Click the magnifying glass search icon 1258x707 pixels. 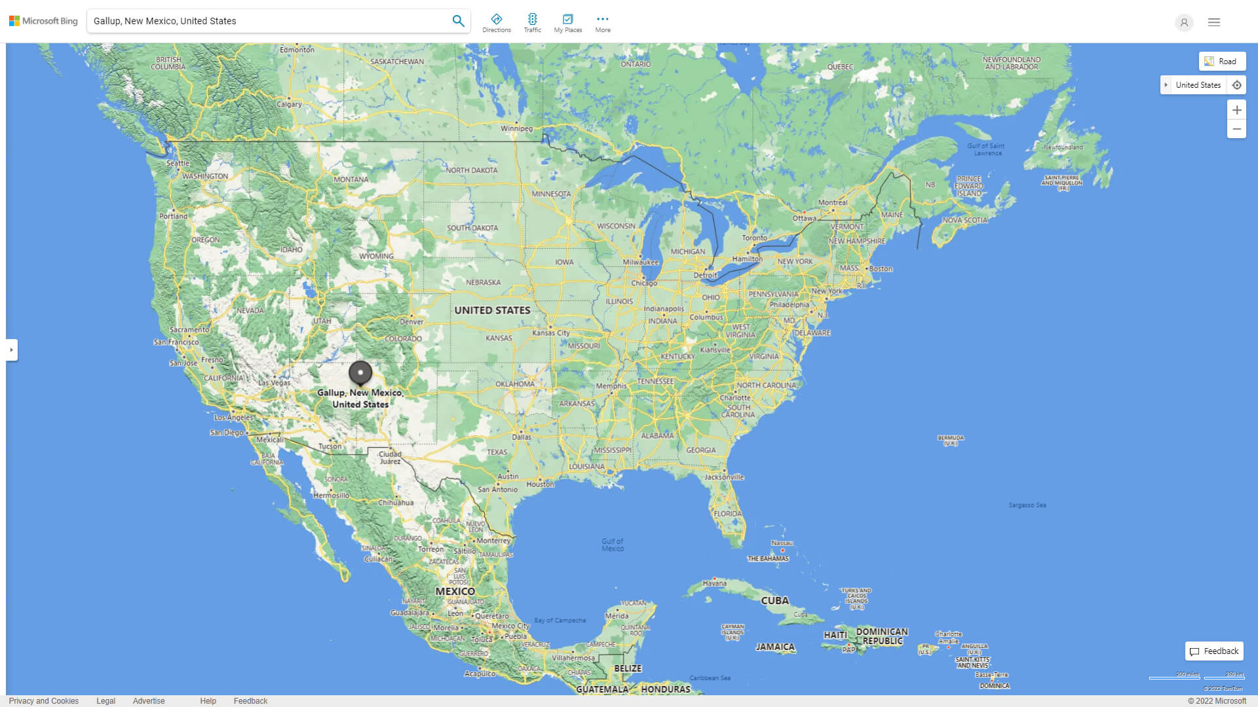coord(458,21)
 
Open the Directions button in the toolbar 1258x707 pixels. coord(497,23)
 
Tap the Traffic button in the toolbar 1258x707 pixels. coord(533,23)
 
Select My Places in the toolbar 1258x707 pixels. coord(567,23)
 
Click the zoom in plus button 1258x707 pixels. coord(1236,110)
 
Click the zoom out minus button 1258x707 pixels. coord(1236,129)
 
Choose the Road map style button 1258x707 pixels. coord(1222,62)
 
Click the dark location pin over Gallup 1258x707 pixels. coord(360,373)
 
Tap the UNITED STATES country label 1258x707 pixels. coord(492,310)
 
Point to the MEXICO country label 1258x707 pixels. coord(455,591)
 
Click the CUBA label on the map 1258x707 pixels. coord(774,600)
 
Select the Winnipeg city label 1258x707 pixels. coord(516,128)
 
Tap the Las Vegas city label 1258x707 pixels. coord(274,383)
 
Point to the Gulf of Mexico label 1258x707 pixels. coord(613,545)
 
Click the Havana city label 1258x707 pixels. coord(714,583)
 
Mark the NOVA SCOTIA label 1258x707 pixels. coord(964,220)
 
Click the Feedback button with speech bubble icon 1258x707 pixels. coord(1214,651)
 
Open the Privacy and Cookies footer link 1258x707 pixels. coord(44,701)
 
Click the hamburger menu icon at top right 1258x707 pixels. coord(1214,22)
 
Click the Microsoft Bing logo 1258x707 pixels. coord(43,21)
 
